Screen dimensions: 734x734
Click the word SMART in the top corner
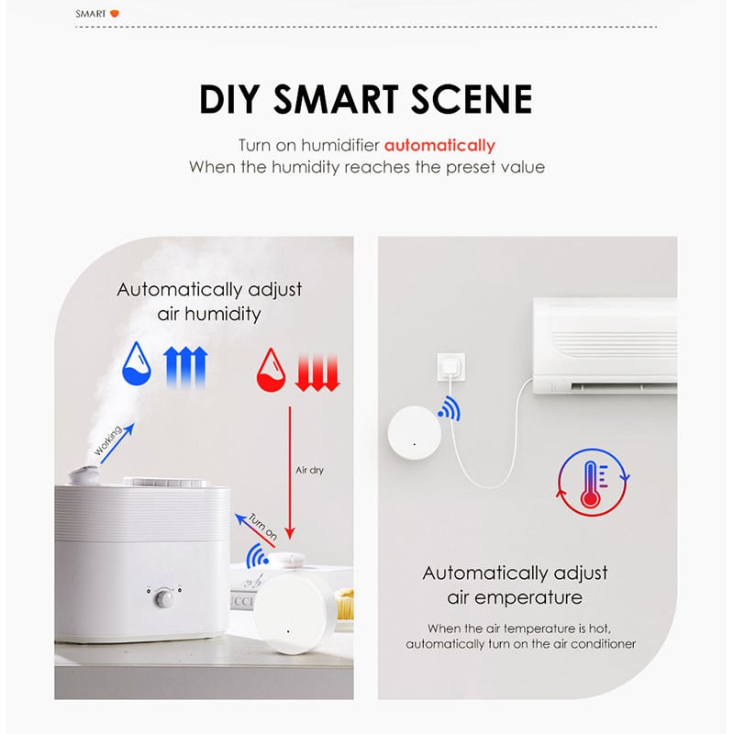(x=90, y=14)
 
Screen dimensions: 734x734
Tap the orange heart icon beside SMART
(x=115, y=14)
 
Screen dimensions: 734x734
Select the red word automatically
(x=439, y=145)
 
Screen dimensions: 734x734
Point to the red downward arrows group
(x=318, y=368)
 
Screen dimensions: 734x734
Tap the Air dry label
(x=309, y=471)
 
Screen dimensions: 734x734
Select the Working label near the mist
(x=108, y=441)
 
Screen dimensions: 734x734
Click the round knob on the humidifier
(x=166, y=599)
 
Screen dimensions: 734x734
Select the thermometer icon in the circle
(x=591, y=482)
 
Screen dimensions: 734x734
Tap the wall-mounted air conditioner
(x=606, y=345)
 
